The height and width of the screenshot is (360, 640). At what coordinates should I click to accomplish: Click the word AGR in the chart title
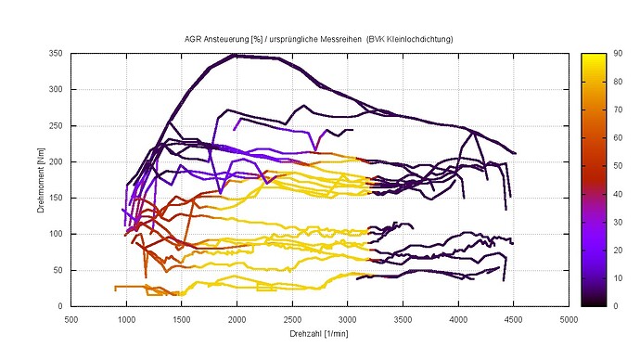194,40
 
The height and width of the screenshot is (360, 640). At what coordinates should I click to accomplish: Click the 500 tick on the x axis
70,317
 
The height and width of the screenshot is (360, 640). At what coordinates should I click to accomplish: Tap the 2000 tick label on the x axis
237,317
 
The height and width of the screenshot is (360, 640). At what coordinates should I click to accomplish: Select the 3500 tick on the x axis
403,317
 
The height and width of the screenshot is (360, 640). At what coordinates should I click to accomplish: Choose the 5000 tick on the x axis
569,317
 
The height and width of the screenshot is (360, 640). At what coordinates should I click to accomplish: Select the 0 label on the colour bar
612,305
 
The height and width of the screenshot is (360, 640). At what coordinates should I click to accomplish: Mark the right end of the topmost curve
515,153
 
